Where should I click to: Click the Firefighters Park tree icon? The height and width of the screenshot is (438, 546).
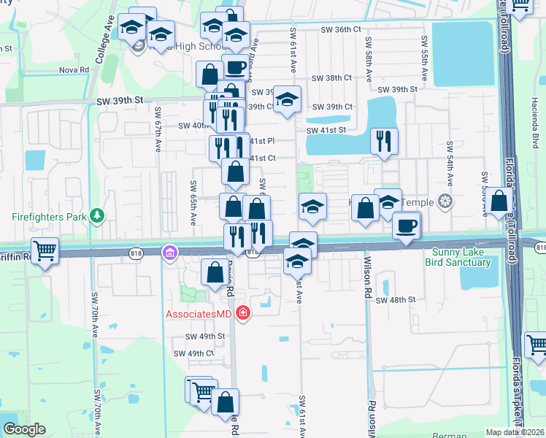[96, 216]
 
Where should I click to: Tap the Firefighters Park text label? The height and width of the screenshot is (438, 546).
[48, 217]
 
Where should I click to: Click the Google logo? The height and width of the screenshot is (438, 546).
[24, 429]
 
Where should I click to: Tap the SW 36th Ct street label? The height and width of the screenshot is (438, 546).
[341, 30]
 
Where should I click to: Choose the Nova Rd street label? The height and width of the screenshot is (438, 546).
[74, 70]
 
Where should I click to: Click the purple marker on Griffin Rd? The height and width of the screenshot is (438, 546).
[169, 253]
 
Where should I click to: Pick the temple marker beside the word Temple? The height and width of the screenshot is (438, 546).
[445, 201]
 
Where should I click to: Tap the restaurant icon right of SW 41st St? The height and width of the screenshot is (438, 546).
[383, 141]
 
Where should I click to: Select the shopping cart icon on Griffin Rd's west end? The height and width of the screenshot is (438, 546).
[45, 250]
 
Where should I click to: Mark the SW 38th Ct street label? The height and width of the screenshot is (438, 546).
[331, 77]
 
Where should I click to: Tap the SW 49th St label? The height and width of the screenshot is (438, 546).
[205, 337]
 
